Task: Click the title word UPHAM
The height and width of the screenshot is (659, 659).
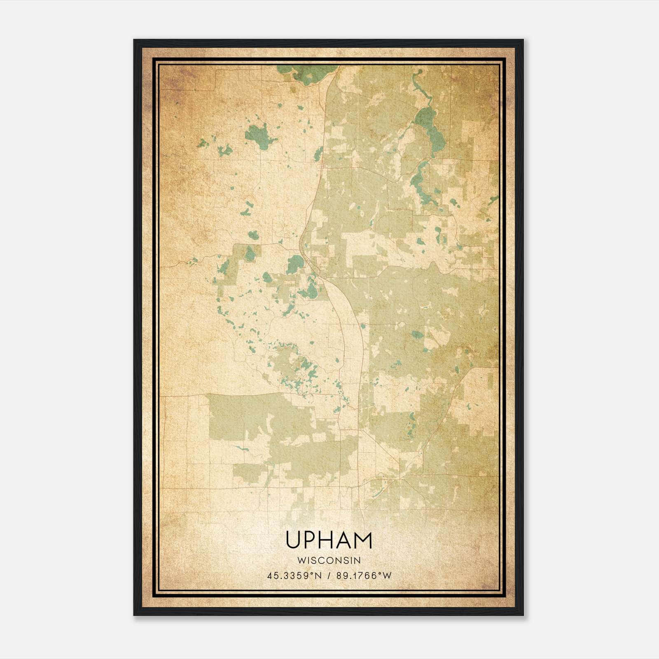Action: pyautogui.click(x=329, y=540)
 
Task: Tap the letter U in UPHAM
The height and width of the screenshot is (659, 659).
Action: pyautogui.click(x=293, y=540)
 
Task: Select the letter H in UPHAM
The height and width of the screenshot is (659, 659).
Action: pyautogui.click(x=327, y=540)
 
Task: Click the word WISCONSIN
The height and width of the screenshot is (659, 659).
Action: pyautogui.click(x=329, y=560)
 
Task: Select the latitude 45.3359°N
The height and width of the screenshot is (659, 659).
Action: pyautogui.click(x=294, y=576)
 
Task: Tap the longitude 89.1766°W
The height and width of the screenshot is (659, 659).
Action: pyautogui.click(x=364, y=576)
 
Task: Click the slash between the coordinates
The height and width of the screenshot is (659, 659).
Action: pyautogui.click(x=329, y=576)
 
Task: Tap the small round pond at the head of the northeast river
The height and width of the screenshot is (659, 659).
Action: pyautogui.click(x=420, y=72)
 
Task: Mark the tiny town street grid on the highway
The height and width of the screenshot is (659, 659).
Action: pyautogui.click(x=323, y=166)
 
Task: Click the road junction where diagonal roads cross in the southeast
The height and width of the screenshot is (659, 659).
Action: pyautogui.click(x=399, y=479)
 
